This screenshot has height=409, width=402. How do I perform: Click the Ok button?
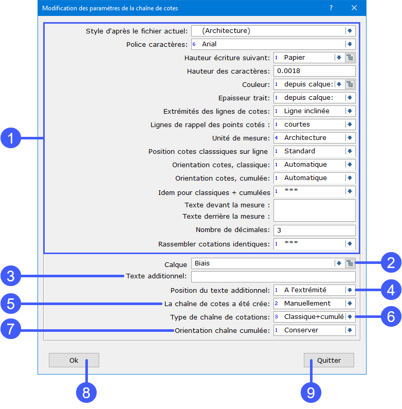click(74, 360)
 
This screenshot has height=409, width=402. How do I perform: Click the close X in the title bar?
click(354, 8)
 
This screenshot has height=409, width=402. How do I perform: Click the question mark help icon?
click(331, 8)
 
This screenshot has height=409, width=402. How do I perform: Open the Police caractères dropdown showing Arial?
click(273, 44)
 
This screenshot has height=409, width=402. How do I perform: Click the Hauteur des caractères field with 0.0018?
click(315, 71)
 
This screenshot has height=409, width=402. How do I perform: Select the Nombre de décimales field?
click(315, 230)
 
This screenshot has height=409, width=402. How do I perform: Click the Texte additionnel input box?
click(273, 276)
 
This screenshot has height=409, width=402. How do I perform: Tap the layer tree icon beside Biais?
click(350, 263)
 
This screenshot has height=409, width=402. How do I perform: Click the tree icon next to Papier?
click(350, 58)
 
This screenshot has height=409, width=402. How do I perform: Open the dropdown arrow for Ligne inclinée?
click(350, 111)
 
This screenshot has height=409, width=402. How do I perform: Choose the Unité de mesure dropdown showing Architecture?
click(315, 138)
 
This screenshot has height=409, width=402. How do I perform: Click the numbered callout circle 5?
click(11, 304)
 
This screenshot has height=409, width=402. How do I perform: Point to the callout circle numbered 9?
click(311, 393)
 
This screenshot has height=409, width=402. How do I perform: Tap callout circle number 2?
click(391, 262)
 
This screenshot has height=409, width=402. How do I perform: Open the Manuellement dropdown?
click(315, 304)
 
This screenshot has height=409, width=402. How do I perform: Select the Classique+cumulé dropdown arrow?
click(350, 317)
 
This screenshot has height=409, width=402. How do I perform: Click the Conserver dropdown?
click(315, 330)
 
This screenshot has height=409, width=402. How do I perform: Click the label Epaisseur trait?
click(244, 98)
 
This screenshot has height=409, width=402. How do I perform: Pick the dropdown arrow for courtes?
click(350, 125)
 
